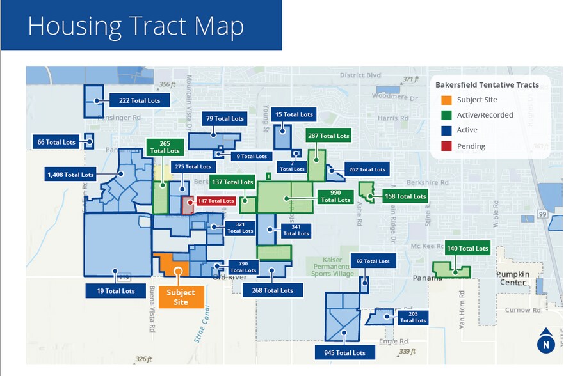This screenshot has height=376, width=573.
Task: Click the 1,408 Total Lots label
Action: coord(70,175)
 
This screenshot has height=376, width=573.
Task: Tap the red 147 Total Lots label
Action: coord(216,201)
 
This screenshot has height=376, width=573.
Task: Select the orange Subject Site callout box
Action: coord(181,297)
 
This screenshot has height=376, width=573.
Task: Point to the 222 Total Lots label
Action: coord(140,101)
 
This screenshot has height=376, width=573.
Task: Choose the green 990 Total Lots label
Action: coord(335,196)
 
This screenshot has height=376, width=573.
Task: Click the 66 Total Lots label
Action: coord(56,142)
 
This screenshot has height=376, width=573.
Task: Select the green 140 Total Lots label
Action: coord(467,248)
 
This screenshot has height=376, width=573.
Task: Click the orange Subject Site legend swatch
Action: coord(446,100)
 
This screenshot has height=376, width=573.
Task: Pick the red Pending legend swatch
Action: coord(446,146)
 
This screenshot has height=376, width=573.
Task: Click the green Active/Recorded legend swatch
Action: coord(446,115)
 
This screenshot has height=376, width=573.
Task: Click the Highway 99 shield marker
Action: coord(542,214)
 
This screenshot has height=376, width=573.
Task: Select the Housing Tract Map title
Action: coord(136,26)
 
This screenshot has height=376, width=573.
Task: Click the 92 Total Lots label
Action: coord(373,261)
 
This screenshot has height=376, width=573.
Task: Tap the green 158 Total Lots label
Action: coord(404,196)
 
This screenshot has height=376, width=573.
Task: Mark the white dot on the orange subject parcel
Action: coord(178,271)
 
